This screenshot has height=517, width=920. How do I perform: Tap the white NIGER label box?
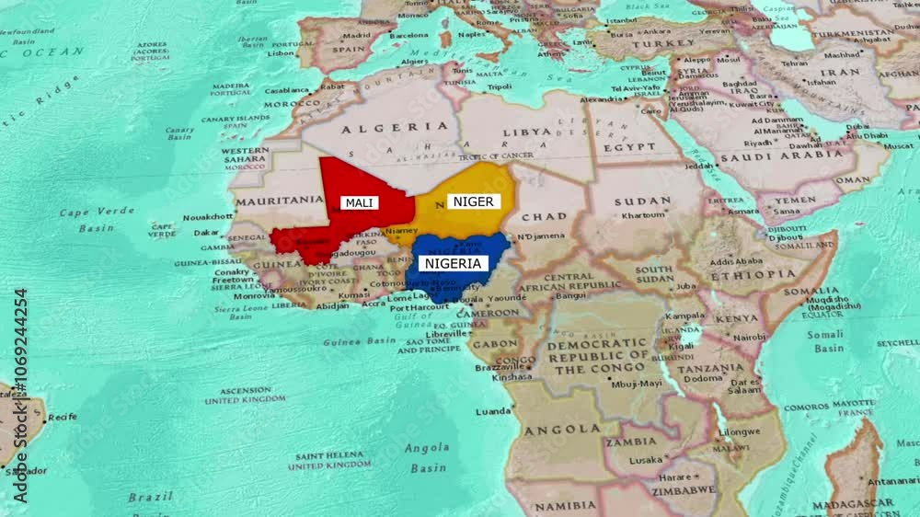[473, 201]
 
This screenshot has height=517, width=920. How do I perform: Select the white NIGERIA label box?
[452, 263]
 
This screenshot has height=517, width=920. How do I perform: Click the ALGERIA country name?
[378, 130]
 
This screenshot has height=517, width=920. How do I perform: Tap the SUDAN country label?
[643, 201]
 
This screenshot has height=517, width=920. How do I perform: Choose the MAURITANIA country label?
[279, 200]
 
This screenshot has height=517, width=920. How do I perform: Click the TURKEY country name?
[663, 43]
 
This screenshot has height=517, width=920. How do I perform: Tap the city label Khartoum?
[643, 215]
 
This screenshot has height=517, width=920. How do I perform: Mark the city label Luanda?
[493, 411]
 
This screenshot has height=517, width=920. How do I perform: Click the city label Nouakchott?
[208, 217]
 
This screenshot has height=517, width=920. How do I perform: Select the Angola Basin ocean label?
[428, 458]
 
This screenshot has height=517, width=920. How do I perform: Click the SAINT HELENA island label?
[329, 460]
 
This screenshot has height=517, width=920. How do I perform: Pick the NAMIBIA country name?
[565, 505]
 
